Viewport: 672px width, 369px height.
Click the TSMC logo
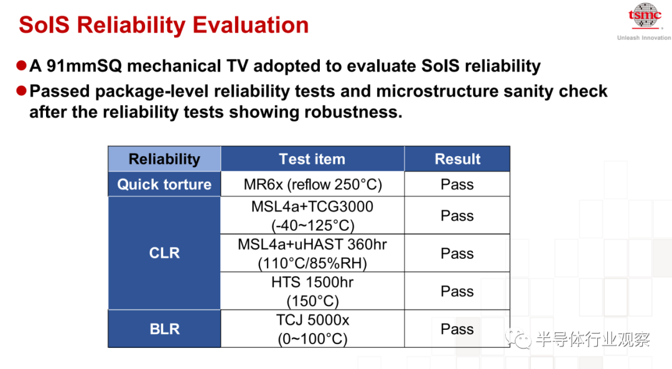[x=645, y=16]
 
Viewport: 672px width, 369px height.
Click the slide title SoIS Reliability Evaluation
[x=164, y=25]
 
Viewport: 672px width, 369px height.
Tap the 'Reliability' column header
[x=164, y=159]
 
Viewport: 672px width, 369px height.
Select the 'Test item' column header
[x=312, y=159]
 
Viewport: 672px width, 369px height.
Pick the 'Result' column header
[x=457, y=159]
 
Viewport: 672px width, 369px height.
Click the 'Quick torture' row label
[x=164, y=184]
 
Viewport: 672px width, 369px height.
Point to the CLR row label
[x=164, y=253]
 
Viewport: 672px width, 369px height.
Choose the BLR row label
[x=164, y=329]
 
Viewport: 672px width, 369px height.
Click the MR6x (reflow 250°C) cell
[x=312, y=184]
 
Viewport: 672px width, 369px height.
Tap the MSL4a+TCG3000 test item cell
[x=312, y=215]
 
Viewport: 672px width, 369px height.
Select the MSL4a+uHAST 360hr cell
[x=312, y=253]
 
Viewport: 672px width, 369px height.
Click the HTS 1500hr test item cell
[x=312, y=291]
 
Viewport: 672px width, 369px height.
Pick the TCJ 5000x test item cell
[x=312, y=329]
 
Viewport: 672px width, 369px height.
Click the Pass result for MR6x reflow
[x=457, y=184]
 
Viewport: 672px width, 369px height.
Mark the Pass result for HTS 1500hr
[x=457, y=291]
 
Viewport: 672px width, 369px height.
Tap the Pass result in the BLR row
[x=457, y=329]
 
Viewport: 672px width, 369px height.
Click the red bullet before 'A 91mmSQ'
[x=21, y=65]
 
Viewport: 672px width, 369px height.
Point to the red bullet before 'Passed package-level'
[x=21, y=91]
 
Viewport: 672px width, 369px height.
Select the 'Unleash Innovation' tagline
[x=644, y=38]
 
